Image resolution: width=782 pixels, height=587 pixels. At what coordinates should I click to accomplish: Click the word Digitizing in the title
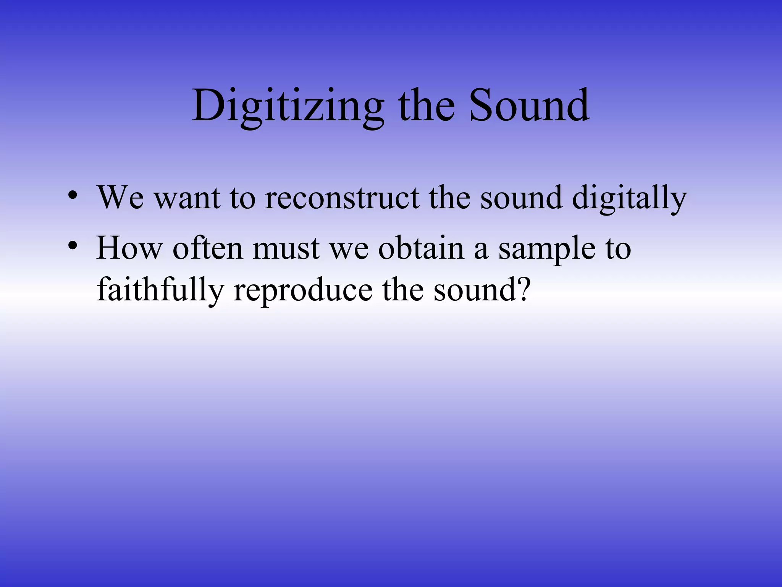click(288, 106)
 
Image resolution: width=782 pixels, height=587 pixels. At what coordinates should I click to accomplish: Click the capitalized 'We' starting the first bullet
click(121, 198)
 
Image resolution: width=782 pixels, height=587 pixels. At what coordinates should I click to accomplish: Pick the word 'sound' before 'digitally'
click(521, 198)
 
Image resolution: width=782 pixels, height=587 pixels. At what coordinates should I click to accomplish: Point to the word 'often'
click(208, 248)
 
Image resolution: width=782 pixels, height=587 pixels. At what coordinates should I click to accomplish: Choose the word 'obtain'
click(421, 248)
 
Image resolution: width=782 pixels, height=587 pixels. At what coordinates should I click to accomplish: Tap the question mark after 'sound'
click(522, 290)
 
